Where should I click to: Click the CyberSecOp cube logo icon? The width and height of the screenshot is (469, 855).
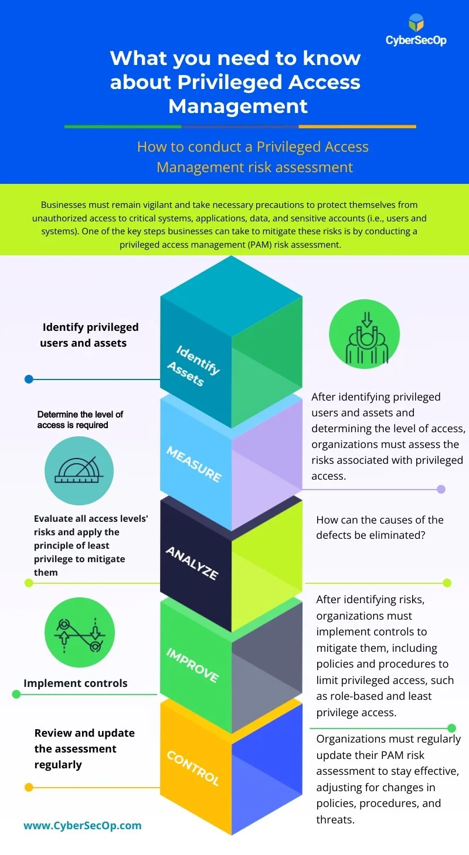point(416,23)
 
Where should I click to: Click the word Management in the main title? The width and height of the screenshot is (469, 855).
point(238,106)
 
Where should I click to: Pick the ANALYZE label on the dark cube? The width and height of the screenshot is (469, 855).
point(192,563)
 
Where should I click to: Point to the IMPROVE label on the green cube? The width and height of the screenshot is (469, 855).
point(192,665)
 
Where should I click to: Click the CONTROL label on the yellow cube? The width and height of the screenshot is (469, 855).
point(193,768)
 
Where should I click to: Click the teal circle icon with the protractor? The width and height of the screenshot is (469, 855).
point(79,471)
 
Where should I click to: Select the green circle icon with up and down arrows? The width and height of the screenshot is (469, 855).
point(80,632)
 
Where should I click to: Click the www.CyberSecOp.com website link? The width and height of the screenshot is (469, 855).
point(83,826)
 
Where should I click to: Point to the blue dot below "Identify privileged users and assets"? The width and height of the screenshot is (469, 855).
point(29,379)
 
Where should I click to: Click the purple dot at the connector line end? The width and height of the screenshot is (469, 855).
point(441,489)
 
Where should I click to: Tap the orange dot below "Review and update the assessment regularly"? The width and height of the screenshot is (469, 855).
point(29,787)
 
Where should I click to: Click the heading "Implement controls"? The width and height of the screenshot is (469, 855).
point(75,683)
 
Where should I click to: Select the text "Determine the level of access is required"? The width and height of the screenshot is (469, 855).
point(80,419)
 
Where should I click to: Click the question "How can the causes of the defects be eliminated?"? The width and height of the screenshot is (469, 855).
point(380,527)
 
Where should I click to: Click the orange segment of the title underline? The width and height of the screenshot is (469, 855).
point(357,126)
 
